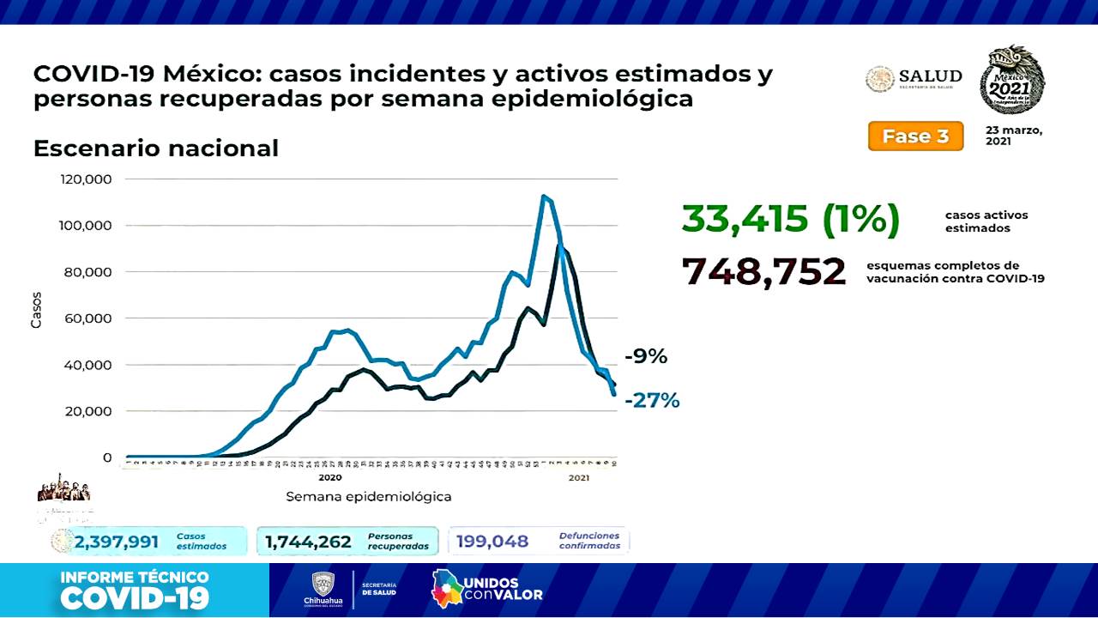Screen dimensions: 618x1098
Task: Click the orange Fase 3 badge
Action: [915, 136]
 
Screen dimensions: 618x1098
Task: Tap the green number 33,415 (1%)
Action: [790, 219]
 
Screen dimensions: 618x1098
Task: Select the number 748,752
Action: [763, 272]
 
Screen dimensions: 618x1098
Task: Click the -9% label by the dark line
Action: [645, 356]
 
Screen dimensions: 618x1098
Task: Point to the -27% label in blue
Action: [652, 400]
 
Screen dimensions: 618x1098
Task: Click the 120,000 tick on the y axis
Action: [86, 179]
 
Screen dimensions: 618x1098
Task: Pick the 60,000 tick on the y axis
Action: [89, 318]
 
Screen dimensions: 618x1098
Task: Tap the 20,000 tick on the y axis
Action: [89, 411]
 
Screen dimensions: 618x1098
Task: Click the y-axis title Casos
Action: [36, 309]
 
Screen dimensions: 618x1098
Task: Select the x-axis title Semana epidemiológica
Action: [369, 496]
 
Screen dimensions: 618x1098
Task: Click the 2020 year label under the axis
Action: [329, 477]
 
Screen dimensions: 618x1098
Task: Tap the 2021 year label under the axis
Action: [578, 477]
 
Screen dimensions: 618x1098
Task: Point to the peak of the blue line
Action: [544, 197]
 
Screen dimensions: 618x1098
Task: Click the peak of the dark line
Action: [560, 246]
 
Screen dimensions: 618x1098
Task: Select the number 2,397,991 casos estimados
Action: [117, 542]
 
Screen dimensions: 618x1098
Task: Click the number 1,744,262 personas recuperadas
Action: [308, 542]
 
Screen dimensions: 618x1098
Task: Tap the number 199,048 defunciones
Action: [492, 542]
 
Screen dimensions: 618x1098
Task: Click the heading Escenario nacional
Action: [155, 148]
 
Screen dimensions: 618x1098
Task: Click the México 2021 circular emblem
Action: [1012, 81]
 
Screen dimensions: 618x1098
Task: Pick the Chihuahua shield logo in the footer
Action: [323, 585]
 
